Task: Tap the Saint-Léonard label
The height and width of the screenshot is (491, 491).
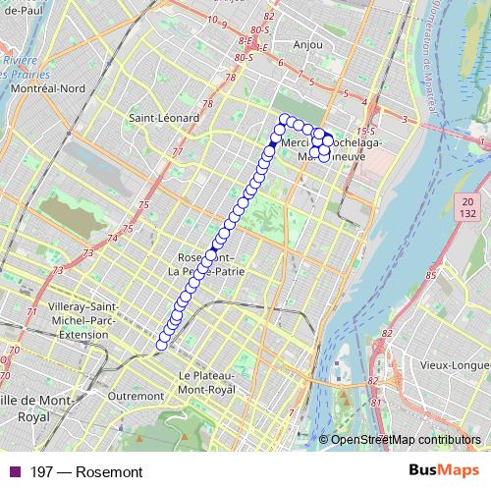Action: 164,118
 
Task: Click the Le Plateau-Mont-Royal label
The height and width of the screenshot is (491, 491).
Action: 207,383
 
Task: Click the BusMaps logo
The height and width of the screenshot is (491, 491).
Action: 444,471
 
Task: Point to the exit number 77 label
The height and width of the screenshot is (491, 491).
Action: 178,152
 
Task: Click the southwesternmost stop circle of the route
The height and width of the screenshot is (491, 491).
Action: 162,343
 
